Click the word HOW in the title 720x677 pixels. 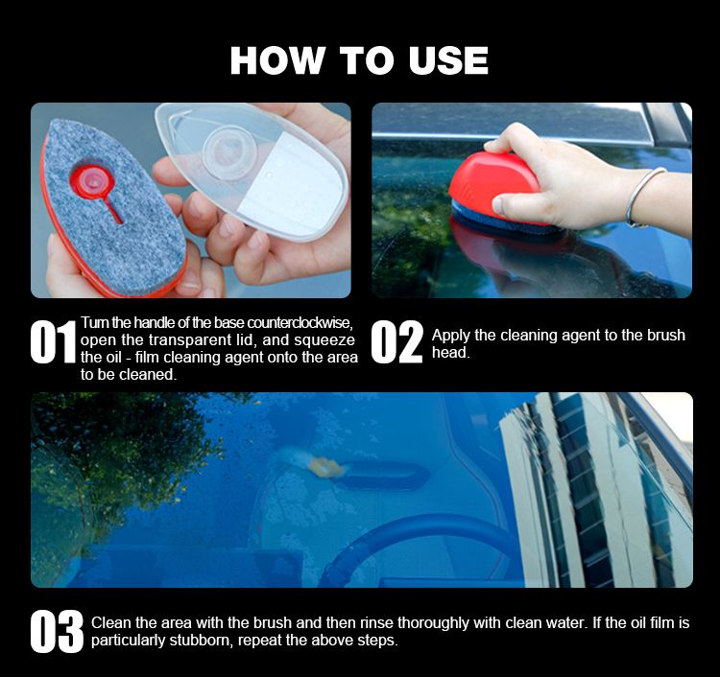tap(276, 60)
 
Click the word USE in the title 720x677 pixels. tap(448, 60)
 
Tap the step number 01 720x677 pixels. tap(53, 341)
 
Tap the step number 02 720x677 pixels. tap(396, 341)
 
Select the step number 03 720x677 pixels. tap(57, 631)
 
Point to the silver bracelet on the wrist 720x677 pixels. tap(644, 197)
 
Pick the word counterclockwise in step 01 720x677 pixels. tap(300, 323)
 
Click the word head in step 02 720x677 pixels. tap(450, 352)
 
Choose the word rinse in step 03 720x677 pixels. tap(377, 623)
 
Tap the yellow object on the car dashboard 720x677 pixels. tap(326, 467)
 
